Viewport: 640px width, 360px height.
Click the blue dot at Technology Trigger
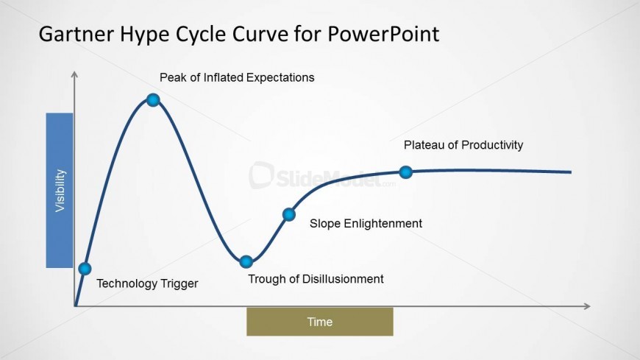point(85,269)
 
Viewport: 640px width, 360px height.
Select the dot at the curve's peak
point(153,99)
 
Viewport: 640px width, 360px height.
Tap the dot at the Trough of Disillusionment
point(246,261)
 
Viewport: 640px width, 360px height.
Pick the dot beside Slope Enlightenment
point(289,214)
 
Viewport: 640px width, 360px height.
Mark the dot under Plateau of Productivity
point(406,172)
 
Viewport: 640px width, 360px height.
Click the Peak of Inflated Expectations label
point(237,77)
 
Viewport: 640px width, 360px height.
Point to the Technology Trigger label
point(147,283)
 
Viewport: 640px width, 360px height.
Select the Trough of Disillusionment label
point(316,279)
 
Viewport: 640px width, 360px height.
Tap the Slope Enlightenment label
point(366,224)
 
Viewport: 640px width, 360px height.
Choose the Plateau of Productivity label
point(463,145)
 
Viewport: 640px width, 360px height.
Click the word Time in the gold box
point(320,322)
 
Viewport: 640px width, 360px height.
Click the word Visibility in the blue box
point(60,191)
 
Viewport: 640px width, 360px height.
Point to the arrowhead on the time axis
point(587,306)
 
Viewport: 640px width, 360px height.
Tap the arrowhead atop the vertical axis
point(74,74)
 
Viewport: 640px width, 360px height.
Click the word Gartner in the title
point(77,34)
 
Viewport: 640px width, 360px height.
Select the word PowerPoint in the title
point(383,34)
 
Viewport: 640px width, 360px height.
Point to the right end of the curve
point(571,172)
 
